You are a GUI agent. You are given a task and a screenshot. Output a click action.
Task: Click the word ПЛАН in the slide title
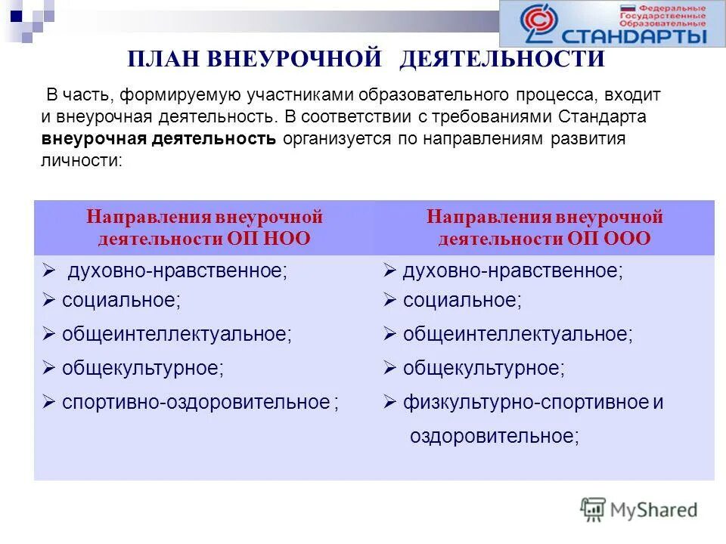pos(161,59)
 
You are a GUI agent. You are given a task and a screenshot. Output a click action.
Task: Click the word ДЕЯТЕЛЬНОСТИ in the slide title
pos(502,59)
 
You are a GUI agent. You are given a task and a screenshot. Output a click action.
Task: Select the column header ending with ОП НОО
pos(204,228)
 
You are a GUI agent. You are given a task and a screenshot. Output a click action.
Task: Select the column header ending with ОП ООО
pos(544,228)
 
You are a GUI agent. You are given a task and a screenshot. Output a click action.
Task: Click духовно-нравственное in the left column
pos(178,271)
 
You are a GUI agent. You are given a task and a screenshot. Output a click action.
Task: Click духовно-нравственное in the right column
pos(513,271)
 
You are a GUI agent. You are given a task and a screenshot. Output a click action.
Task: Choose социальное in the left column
pos(121,300)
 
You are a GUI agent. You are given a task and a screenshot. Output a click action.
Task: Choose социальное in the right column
pos(461,300)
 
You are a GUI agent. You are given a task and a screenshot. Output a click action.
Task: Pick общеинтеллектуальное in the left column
pos(176,334)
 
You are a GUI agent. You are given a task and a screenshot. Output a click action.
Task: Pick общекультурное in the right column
pos(483,368)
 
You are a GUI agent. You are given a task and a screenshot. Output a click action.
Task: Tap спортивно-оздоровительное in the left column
pos(197,402)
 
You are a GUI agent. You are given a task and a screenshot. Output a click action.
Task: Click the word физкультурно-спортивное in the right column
pos(526,402)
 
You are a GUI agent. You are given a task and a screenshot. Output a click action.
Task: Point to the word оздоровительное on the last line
pos(494,436)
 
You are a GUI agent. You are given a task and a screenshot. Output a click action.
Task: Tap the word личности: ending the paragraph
pos(81,161)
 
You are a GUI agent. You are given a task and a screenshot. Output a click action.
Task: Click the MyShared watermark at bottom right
pos(639,509)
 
